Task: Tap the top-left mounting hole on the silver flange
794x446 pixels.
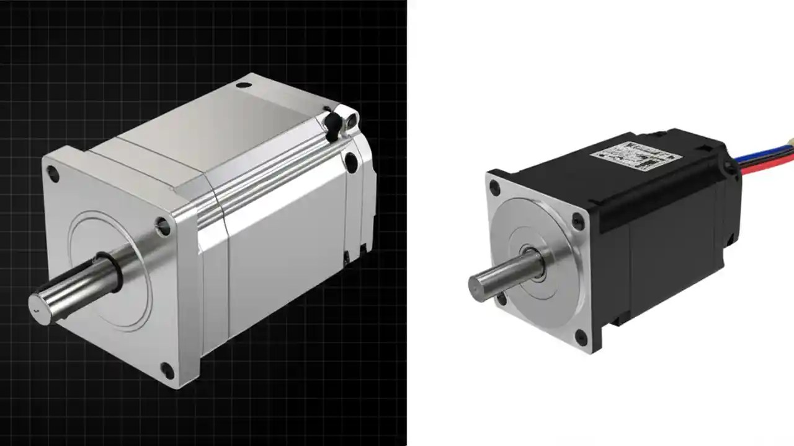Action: click(x=54, y=175)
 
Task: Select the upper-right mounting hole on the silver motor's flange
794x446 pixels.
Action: click(x=163, y=227)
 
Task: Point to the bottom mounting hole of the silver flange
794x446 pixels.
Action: click(x=167, y=370)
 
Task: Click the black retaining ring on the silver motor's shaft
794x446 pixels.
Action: click(x=116, y=273)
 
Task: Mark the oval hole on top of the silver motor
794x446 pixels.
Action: click(x=244, y=83)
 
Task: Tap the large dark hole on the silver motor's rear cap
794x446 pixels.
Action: click(x=350, y=162)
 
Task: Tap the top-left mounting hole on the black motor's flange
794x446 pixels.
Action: click(x=494, y=187)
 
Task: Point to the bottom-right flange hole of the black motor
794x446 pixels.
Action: click(x=581, y=338)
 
